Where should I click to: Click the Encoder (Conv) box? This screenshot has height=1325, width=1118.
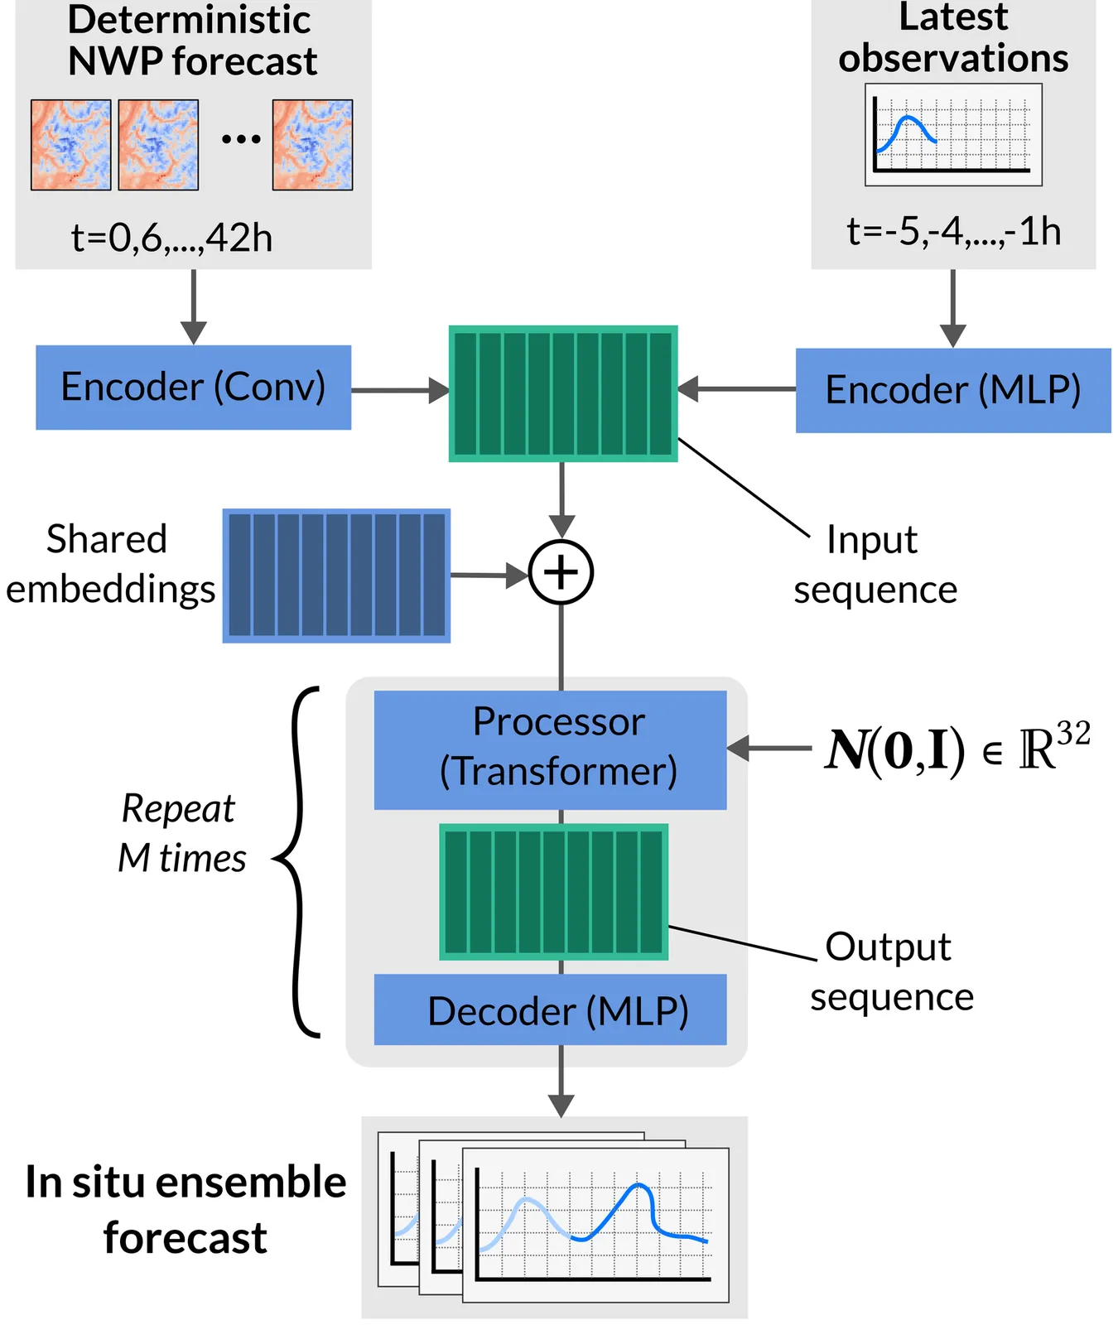pyautogui.click(x=193, y=388)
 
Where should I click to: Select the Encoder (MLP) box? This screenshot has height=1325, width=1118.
pyautogui.click(x=953, y=391)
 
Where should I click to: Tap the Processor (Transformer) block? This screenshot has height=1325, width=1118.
pyautogui.click(x=550, y=749)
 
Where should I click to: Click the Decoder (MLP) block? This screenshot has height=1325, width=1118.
pyautogui.click(x=550, y=1009)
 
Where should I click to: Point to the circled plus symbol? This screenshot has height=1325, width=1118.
pyautogui.click(x=561, y=572)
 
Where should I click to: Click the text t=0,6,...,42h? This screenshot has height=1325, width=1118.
pyautogui.click(x=172, y=238)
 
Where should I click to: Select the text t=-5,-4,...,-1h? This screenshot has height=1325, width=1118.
pyautogui.click(x=953, y=232)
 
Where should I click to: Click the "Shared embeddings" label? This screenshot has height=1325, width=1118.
pyautogui.click(x=109, y=565)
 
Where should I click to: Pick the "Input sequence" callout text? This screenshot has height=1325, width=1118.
pyautogui.click(x=875, y=565)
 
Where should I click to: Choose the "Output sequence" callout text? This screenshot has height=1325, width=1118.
pyautogui.click(x=891, y=971)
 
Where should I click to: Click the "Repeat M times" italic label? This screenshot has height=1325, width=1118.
pyautogui.click(x=181, y=833)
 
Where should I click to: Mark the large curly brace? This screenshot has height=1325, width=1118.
pyautogui.click(x=299, y=861)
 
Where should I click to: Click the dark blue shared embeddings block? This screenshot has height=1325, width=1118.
pyautogui.click(x=336, y=576)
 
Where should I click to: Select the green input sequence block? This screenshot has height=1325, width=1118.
pyautogui.click(x=563, y=393)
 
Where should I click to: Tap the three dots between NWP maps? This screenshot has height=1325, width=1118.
pyautogui.click(x=241, y=139)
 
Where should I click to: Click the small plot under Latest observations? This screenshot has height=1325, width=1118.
pyautogui.click(x=953, y=134)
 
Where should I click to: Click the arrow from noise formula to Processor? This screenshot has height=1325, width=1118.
pyautogui.click(x=769, y=749)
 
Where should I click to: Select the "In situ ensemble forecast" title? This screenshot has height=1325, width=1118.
pyautogui.click(x=186, y=1209)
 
